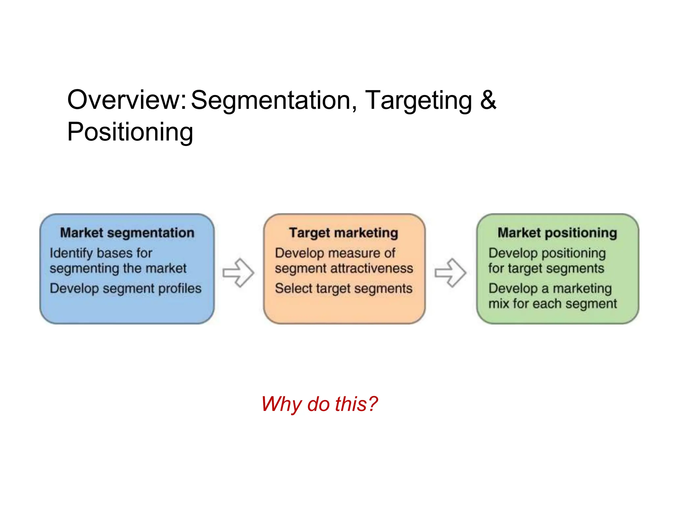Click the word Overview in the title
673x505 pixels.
click(127, 100)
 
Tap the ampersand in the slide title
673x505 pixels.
click(488, 100)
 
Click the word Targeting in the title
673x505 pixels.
click(418, 101)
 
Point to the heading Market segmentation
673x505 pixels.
click(127, 233)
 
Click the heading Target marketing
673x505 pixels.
click(344, 233)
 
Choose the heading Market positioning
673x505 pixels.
click(557, 233)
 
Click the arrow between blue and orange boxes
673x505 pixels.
click(239, 273)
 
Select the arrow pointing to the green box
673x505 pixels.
click(451, 273)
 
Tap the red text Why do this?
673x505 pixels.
click(319, 404)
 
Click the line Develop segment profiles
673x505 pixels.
click(126, 289)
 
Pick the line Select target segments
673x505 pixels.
click(344, 289)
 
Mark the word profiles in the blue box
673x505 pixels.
click(183, 289)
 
